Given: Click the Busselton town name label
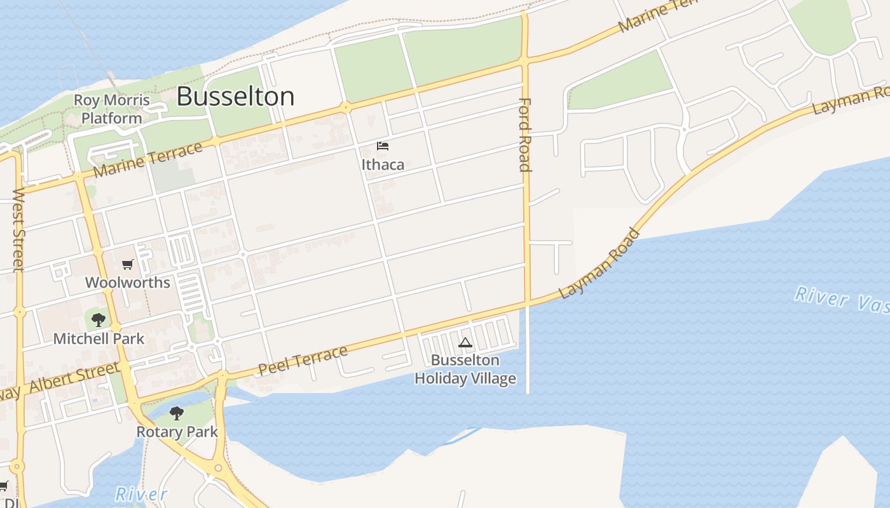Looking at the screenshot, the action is (x=235, y=97).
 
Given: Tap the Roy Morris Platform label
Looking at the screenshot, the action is (x=112, y=109).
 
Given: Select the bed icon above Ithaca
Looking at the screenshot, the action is (x=382, y=146).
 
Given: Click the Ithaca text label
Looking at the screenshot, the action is (x=383, y=164).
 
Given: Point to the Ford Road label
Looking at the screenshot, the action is (x=525, y=135).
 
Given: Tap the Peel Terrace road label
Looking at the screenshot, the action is (x=303, y=361).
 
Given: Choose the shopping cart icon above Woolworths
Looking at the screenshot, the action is (x=128, y=265).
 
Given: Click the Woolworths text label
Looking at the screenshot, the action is (x=128, y=283).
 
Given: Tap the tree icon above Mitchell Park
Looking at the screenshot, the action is (x=98, y=320).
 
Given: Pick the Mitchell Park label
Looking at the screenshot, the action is (x=99, y=338).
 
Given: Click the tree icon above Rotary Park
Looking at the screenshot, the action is (x=177, y=413).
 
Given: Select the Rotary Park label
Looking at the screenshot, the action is (x=177, y=432).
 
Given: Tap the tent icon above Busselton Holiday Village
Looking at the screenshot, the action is (x=465, y=343).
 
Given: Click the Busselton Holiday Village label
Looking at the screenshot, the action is (x=465, y=370).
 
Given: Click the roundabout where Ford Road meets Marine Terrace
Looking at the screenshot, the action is (x=524, y=61).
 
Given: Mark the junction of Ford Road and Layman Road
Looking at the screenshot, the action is (x=527, y=303).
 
